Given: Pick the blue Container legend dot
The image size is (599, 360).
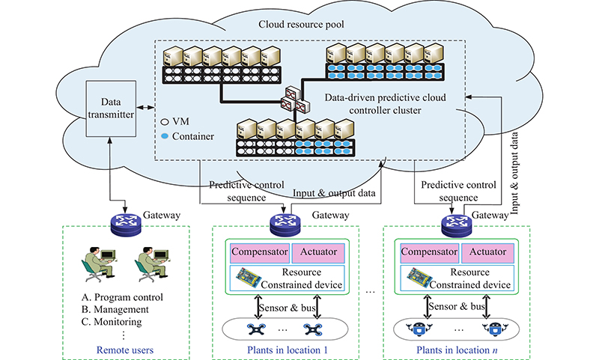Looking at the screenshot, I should click(x=165, y=135).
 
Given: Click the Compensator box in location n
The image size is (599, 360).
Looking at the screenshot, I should click(x=429, y=250).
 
